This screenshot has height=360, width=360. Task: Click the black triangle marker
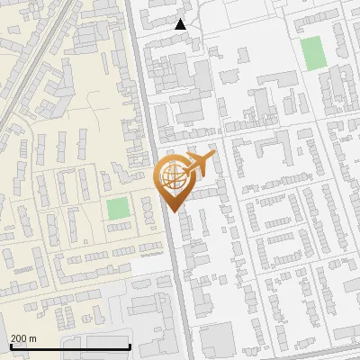coord(181,24)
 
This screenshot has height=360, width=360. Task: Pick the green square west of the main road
coord(117,209)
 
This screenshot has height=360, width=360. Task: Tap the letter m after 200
coord(33,338)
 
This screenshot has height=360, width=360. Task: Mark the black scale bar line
coord(70,346)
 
